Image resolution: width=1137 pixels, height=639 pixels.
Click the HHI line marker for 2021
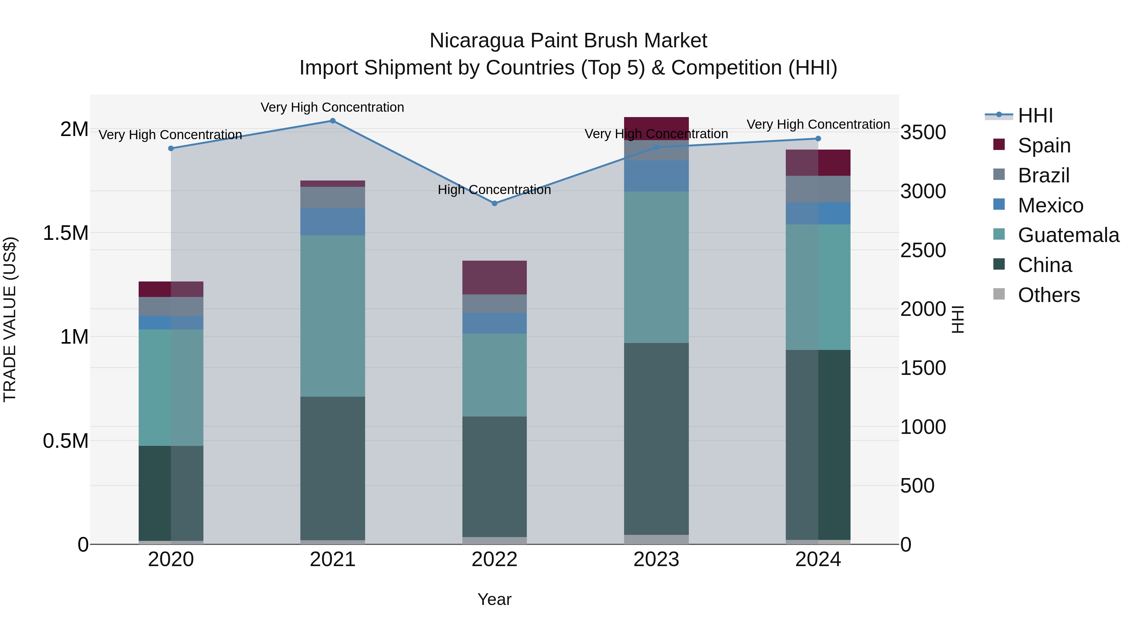coord(333,121)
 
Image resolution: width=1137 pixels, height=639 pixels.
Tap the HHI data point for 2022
coord(494,203)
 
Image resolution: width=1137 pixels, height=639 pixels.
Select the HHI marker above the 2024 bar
coord(818,139)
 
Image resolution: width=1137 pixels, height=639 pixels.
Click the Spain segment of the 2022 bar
coord(494,277)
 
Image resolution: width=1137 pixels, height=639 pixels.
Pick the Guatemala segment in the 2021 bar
coord(333,316)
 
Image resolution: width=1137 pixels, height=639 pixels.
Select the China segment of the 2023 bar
coord(656,439)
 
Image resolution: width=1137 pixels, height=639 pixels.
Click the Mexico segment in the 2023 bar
coord(656,176)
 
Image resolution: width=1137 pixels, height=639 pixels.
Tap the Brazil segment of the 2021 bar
coord(333,198)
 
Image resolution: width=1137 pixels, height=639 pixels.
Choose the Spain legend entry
coord(1044,145)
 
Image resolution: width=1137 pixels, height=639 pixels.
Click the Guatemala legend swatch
coord(999,234)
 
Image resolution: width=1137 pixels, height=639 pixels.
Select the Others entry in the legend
coord(1048,295)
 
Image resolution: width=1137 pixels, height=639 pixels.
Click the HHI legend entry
coord(1035,115)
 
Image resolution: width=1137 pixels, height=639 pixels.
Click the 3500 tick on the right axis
coord(923,132)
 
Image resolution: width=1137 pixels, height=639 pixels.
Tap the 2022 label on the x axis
coord(494,559)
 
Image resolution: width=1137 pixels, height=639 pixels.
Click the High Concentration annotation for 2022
coord(494,190)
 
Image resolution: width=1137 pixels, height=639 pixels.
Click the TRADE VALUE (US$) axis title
coord(10,319)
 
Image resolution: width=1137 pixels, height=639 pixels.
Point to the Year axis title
coord(494,599)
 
